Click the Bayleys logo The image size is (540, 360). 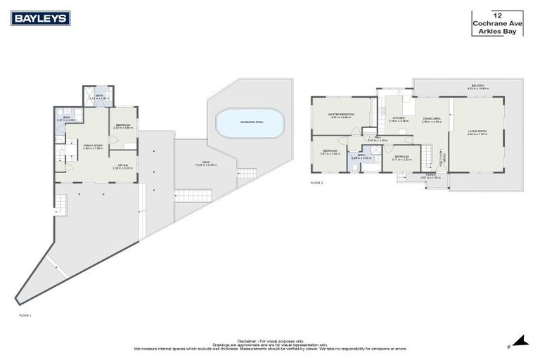pyautogui.click(x=40, y=18)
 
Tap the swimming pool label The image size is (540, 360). pyautogui.click(x=250, y=122)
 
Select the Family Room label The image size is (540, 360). pyautogui.click(x=93, y=145)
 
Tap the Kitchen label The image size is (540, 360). pyautogui.click(x=399, y=118)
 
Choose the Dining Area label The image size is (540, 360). pyautogui.click(x=432, y=119)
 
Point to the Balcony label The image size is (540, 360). pyautogui.click(x=478, y=86)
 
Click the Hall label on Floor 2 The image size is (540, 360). pyautogui.click(x=378, y=139)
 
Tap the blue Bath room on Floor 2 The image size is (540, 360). pyautogui.click(x=359, y=156)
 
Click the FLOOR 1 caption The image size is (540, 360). pyautogui.click(x=25, y=315)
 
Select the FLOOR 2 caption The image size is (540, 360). pyautogui.click(x=316, y=182)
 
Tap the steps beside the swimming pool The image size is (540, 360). pyautogui.click(x=247, y=173)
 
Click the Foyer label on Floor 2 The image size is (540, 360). pyautogui.click(x=442, y=155)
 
